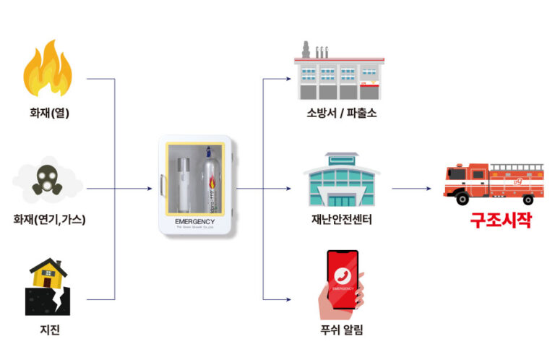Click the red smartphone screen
pyautogui.click(x=343, y=279)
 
